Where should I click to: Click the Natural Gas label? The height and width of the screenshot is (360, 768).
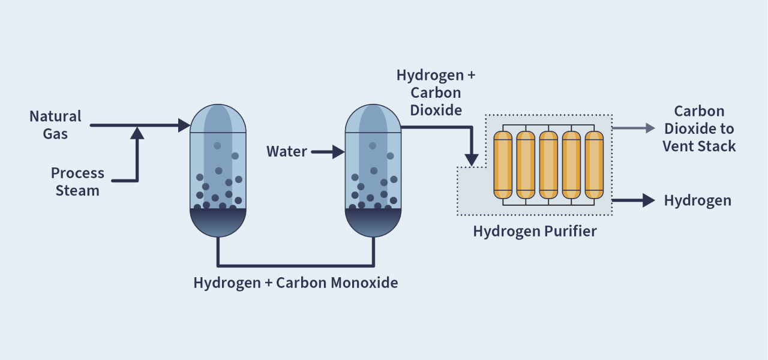pyautogui.click(x=55, y=125)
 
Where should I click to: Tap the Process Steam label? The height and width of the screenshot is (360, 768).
pyautogui.click(x=77, y=182)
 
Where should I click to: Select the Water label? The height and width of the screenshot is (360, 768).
pyautogui.click(x=287, y=152)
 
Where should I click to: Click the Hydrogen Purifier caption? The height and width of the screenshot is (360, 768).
pyautogui.click(x=535, y=231)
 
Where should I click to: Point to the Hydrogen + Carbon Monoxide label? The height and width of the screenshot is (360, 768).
pyautogui.click(x=295, y=283)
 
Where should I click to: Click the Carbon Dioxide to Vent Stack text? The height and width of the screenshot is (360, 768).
pyautogui.click(x=699, y=128)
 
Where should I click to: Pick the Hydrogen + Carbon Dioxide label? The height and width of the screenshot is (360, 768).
pyautogui.click(x=436, y=92)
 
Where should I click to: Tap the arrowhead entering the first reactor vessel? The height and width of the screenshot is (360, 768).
pyautogui.click(x=184, y=125)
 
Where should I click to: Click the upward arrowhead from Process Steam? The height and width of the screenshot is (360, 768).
pyautogui.click(x=137, y=133)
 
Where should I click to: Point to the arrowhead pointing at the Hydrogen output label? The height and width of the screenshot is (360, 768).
pyautogui.click(x=648, y=200)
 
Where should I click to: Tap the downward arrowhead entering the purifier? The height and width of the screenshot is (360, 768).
pyautogui.click(x=472, y=160)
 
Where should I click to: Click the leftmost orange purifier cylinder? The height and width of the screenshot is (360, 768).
pyautogui.click(x=503, y=164)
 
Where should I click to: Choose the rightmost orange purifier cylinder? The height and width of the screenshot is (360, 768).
pyautogui.click(x=594, y=164)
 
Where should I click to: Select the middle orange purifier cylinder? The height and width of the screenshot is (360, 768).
pyautogui.click(x=548, y=164)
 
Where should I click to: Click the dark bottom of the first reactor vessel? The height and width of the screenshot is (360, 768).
pyautogui.click(x=218, y=222)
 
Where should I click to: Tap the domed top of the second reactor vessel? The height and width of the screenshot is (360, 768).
pyautogui.click(x=373, y=118)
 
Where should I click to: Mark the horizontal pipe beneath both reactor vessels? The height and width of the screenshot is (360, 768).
pyautogui.click(x=295, y=265)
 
